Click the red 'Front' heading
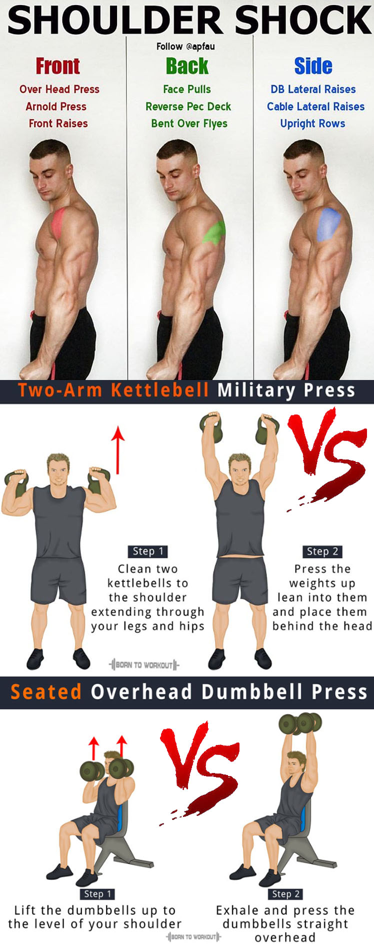57,66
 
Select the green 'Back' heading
187,66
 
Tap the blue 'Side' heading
313,66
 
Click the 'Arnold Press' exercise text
56,106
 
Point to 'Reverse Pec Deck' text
188,106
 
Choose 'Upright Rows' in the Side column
312,124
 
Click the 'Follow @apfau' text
185,46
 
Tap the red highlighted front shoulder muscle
58,221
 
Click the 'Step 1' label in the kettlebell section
147,551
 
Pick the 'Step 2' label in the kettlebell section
322,551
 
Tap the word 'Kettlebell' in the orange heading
160,390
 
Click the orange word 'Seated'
46,692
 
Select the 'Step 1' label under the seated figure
97,893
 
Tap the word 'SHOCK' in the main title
302,20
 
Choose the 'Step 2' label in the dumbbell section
285,893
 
